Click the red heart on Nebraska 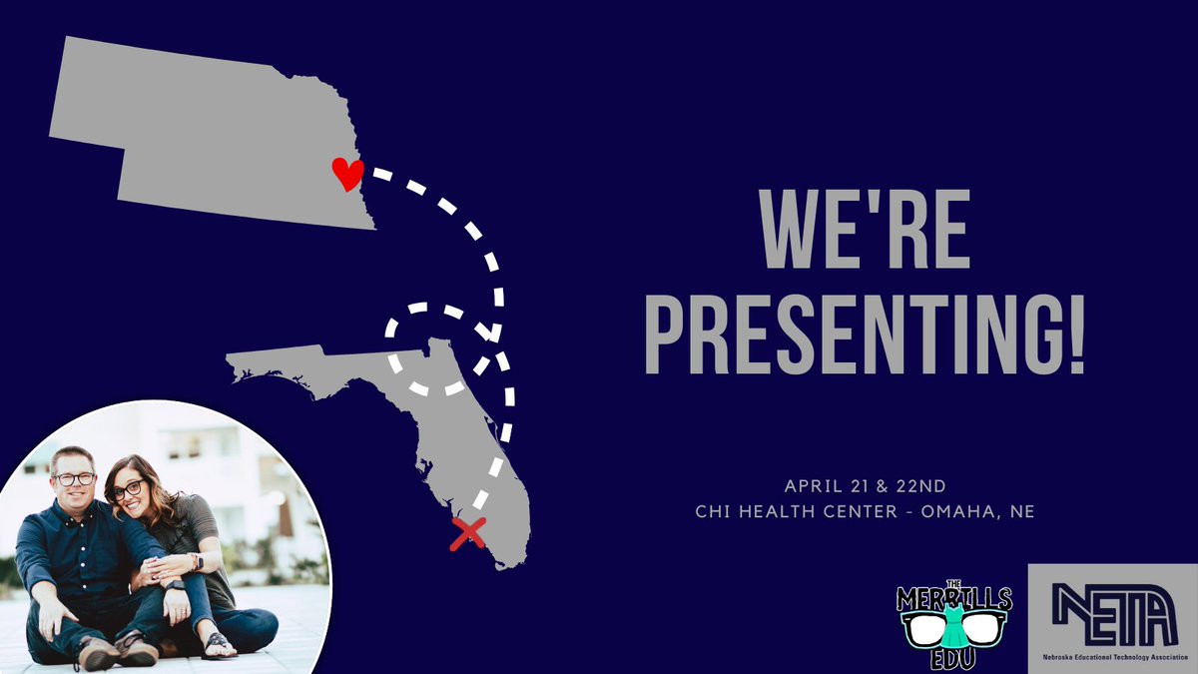point(346,174)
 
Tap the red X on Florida point(466,533)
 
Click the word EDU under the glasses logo point(954,660)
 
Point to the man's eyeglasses point(76,478)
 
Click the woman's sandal point(218,645)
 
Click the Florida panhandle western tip point(240,370)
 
